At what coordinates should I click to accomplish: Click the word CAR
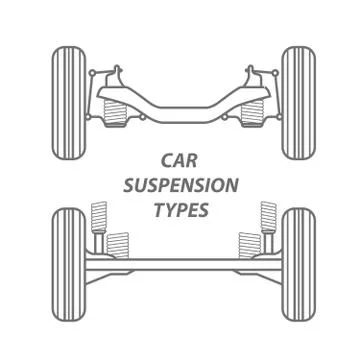(x=181, y=159)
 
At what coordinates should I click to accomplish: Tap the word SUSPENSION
(x=181, y=185)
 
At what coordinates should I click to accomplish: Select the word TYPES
(x=181, y=211)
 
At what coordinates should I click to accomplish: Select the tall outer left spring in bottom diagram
(x=98, y=216)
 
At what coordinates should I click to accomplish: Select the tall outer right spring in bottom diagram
(x=267, y=216)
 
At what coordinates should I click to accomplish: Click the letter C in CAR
(x=167, y=159)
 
